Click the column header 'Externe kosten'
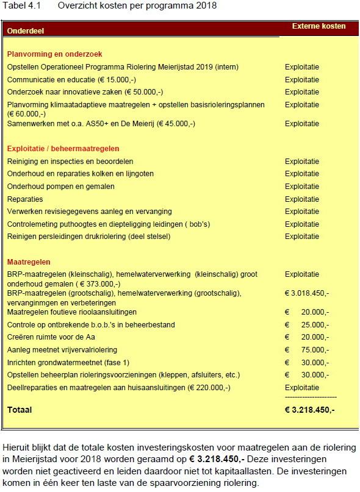319,26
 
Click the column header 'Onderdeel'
26,30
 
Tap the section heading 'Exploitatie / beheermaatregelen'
63,149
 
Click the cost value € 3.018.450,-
307,293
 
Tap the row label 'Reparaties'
25,199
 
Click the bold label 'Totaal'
20,410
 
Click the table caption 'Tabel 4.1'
20,5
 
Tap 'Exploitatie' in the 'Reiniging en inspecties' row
301,162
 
